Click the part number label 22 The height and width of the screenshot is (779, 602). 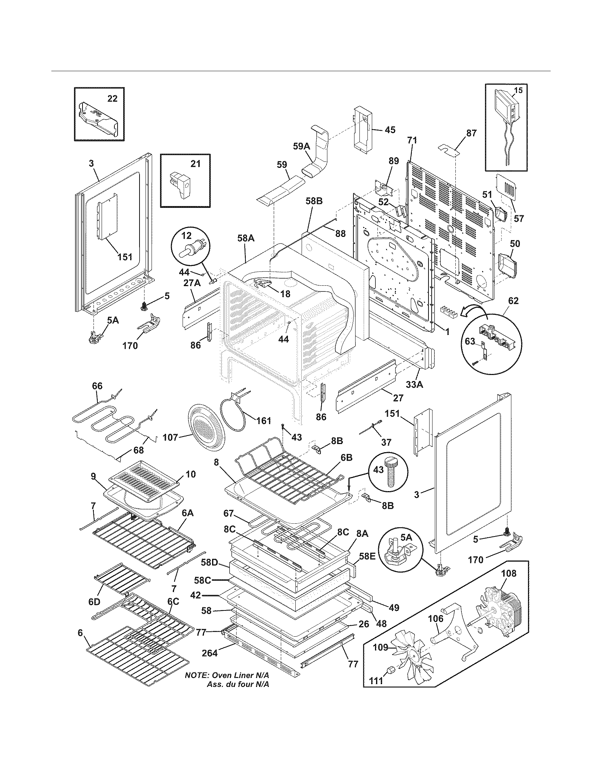click(x=112, y=98)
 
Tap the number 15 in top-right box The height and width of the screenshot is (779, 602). click(x=518, y=90)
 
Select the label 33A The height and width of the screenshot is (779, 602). click(x=415, y=385)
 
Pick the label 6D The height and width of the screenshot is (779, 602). click(x=94, y=601)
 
